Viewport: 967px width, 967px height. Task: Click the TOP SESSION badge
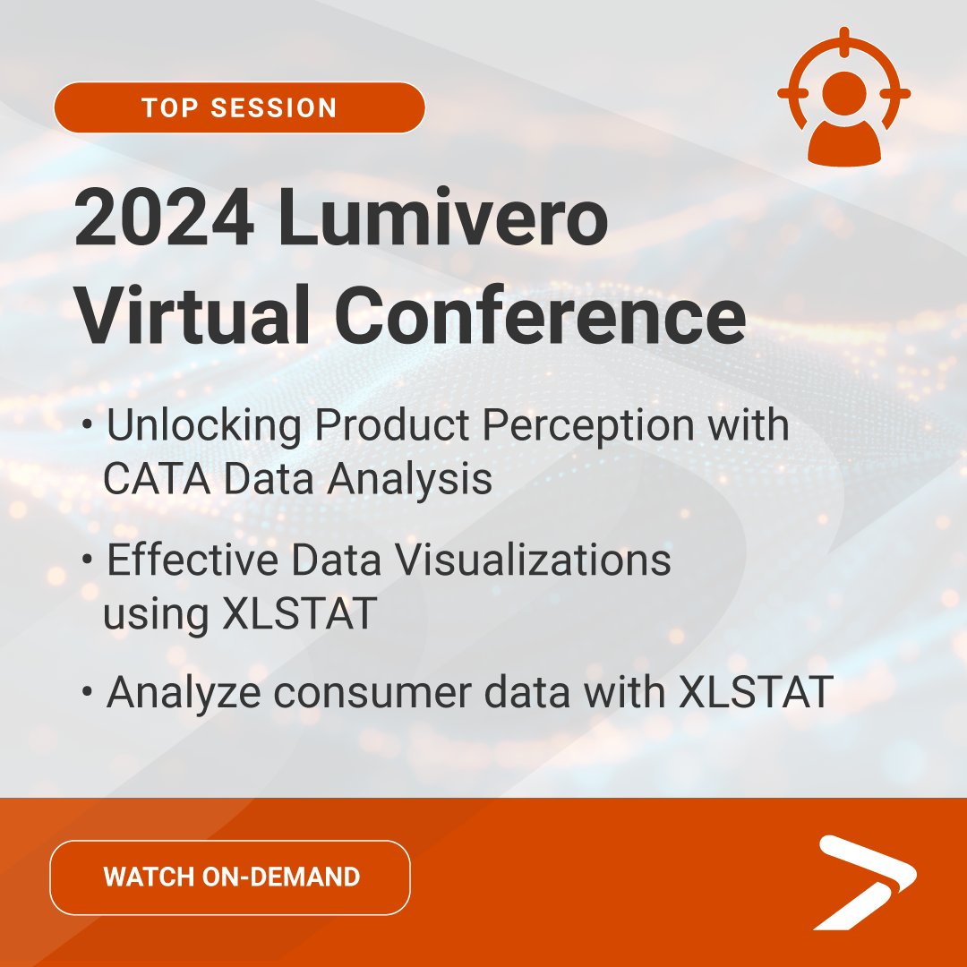point(239,108)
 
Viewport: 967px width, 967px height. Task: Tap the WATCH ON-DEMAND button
point(230,877)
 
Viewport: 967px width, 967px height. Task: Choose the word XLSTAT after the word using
point(308,615)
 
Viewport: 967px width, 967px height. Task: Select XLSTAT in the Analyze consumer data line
point(757,694)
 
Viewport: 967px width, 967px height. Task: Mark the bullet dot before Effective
point(87,559)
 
